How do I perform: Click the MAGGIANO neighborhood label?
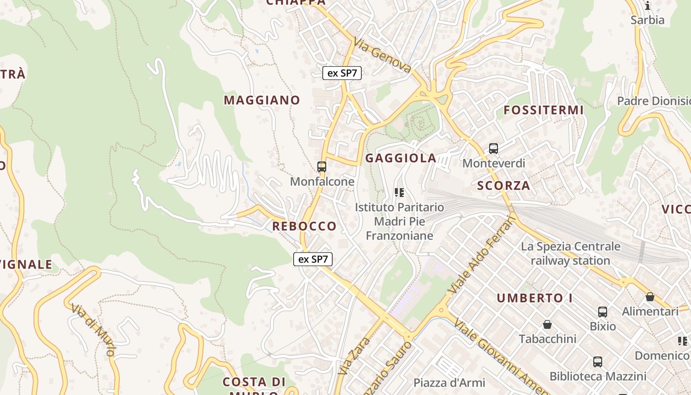coord(262,100)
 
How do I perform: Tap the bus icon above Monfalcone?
coord(322,167)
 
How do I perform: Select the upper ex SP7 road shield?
coord(342,73)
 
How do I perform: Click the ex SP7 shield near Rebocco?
coord(313,259)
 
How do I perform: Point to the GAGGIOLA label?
coord(401,158)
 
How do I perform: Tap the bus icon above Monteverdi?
coord(493,148)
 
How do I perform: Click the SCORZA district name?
coord(503,186)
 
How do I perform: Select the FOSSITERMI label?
coord(543,110)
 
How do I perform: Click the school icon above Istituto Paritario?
coord(399,193)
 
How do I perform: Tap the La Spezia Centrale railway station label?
coord(571,253)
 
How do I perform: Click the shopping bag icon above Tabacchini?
coord(547,324)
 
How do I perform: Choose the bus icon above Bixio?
coord(603,312)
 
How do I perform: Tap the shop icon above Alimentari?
coord(650,297)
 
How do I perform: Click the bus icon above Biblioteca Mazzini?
coord(598,362)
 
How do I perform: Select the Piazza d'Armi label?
coord(449,383)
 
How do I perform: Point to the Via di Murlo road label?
coord(93,329)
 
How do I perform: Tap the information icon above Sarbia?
coord(648,6)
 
